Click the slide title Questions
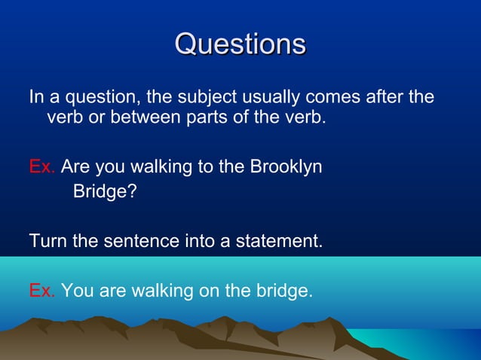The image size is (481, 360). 240,43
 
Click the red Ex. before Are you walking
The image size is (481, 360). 41,166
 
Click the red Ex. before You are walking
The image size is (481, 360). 41,290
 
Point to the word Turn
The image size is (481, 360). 45,242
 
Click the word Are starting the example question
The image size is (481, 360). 75,166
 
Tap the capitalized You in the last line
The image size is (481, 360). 75,290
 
